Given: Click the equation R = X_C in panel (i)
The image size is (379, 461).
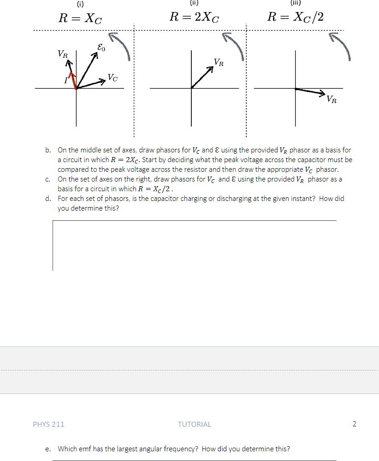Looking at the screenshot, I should pyautogui.click(x=79, y=19).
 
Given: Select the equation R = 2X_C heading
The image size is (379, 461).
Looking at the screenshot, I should pyautogui.click(x=194, y=18).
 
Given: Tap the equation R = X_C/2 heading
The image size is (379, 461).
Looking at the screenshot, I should pyautogui.click(x=296, y=18).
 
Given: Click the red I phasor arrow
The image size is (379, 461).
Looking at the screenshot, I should pyautogui.click(x=72, y=79).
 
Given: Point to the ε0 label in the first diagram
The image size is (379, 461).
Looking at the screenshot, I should pyautogui.click(x=101, y=47).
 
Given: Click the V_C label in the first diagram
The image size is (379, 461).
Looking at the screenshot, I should pyautogui.click(x=113, y=77).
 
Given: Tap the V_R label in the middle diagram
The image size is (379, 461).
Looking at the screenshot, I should pyautogui.click(x=219, y=62).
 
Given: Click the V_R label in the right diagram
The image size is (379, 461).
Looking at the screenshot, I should pyautogui.click(x=331, y=98).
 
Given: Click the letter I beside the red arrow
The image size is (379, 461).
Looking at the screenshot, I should pyautogui.click(x=65, y=82).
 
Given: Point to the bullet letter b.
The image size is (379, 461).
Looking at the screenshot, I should pyautogui.click(x=48, y=150).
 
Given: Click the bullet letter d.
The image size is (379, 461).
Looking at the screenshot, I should pyautogui.click(x=48, y=199).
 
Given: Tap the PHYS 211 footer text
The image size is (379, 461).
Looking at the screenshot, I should pyautogui.click(x=48, y=424).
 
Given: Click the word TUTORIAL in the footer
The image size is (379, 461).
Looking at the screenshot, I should pyautogui.click(x=194, y=424).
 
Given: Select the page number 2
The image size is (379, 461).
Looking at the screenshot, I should pyautogui.click(x=354, y=424).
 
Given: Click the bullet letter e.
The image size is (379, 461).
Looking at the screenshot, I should pyautogui.click(x=48, y=449).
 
